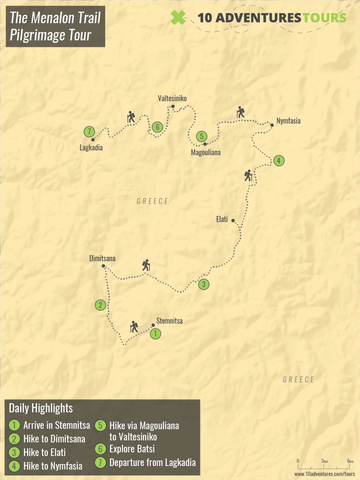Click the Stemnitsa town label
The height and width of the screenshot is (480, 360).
pos(169,321)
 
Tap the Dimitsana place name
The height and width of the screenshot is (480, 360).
pos(102,259)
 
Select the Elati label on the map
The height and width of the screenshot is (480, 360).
pos(222,219)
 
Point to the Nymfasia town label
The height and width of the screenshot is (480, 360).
pos(288,121)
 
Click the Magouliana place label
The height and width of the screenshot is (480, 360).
pos(206,152)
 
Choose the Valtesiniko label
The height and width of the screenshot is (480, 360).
pos(172,98)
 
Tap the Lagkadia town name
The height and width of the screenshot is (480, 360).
pos(91,148)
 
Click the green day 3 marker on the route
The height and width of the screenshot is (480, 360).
pos(204,284)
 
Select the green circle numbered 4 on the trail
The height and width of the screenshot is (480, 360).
pos(279,161)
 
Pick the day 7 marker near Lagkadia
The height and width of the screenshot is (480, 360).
pos(89,131)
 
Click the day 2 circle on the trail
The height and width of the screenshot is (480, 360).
pos(100,305)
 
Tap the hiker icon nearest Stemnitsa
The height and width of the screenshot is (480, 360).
pos(134,327)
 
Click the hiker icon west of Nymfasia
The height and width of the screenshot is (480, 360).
pos(240,112)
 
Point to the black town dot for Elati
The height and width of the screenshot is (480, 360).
pos(233,220)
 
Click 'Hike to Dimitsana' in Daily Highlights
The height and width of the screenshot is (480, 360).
pos(54,439)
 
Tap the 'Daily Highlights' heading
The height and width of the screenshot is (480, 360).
pos(41,408)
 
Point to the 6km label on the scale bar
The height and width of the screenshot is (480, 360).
pos(350,462)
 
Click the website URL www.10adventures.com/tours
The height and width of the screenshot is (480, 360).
pos(324,474)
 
